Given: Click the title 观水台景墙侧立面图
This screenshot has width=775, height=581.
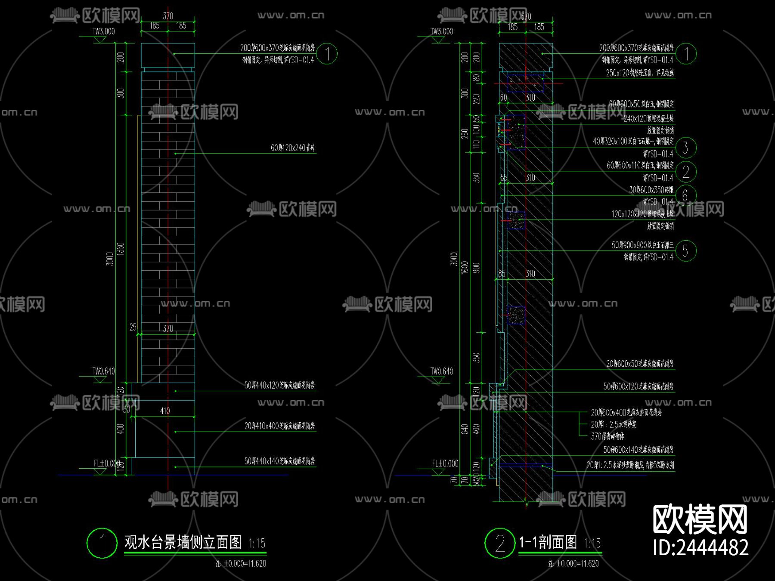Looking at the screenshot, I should click(183, 542).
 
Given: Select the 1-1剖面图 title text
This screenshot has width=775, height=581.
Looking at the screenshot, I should click(548, 542).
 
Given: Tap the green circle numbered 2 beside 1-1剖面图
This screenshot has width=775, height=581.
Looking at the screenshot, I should click(500, 543).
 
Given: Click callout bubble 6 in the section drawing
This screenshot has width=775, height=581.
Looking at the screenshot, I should click(685, 195).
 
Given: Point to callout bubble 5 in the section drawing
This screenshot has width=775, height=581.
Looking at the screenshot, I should click(685, 251).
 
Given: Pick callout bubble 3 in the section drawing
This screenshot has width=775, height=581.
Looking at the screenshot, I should click(685, 148).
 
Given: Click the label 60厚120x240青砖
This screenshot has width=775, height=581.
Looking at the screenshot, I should click(293, 148).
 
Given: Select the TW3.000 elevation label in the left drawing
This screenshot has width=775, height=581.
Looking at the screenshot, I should click(104, 31).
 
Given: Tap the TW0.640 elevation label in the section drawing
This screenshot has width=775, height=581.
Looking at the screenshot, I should click(442, 371).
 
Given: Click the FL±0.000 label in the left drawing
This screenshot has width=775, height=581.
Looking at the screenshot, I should click(107, 464).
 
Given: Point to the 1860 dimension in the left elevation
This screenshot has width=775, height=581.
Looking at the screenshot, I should click(121, 249).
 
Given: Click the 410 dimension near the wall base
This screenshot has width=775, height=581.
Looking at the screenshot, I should click(165, 411).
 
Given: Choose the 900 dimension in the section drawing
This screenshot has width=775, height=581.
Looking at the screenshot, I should click(476, 267).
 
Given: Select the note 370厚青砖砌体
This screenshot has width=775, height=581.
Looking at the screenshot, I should click(608, 436).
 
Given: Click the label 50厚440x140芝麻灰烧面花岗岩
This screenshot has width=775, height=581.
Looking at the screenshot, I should click(279, 461).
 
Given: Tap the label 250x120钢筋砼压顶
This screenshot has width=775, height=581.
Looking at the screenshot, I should click(640, 73).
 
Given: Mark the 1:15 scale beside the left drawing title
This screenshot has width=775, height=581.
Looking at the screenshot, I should click(257, 544).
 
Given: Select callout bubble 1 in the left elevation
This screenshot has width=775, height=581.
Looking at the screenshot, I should click(327, 54).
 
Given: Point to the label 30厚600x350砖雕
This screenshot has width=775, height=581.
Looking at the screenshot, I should click(651, 190).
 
